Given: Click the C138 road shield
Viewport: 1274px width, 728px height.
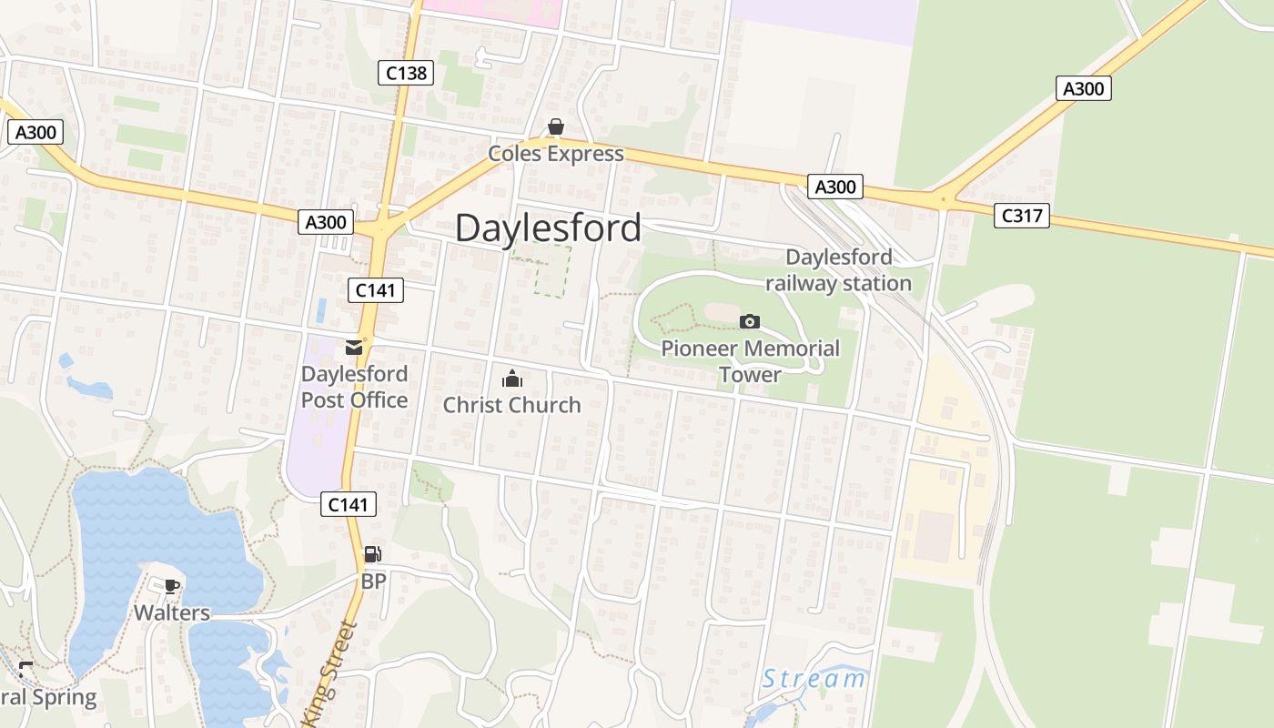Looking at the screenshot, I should (406, 73).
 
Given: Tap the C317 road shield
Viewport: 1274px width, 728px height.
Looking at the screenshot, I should (1021, 216).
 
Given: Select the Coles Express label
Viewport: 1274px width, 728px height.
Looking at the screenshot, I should (556, 154).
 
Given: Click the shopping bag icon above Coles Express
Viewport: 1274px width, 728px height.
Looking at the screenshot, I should (556, 126).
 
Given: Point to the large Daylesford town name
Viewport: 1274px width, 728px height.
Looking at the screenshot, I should (548, 227).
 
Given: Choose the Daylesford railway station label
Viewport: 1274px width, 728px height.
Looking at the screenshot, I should (838, 270).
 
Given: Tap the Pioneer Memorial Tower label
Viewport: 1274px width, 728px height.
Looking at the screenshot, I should (750, 361).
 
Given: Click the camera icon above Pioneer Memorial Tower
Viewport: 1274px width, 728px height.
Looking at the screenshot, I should (750, 321).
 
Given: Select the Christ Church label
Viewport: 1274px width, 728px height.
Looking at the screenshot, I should (511, 405).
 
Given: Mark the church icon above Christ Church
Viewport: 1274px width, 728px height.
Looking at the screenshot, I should (512, 378).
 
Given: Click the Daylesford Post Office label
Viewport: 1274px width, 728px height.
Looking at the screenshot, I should (354, 387).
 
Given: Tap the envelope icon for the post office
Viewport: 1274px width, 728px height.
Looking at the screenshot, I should (354, 347).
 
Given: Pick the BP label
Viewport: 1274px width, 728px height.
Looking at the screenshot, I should (373, 581).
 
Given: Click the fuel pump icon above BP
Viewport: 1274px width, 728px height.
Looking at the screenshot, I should (372, 554).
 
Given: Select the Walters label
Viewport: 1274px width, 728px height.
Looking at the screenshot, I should (172, 612).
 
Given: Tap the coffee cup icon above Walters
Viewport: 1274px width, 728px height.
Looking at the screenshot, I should (172, 586).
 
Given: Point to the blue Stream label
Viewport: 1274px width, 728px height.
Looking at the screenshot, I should (814, 679).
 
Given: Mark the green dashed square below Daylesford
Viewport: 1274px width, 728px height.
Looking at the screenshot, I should (552, 270).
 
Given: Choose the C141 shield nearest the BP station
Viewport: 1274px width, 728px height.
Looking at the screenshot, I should (348, 504).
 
